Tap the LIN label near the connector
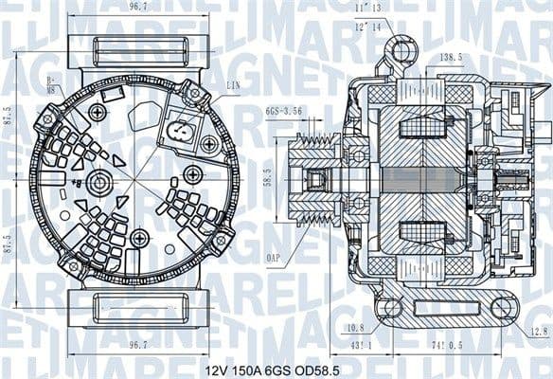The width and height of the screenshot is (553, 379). pos(232,86)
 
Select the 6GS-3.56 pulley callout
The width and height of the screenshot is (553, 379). pos(281,111)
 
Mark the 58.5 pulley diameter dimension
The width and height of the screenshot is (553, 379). pos(269,176)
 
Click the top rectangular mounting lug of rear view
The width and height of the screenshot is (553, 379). pos(138,48)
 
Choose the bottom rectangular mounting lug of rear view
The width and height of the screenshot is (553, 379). pos(138,305)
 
